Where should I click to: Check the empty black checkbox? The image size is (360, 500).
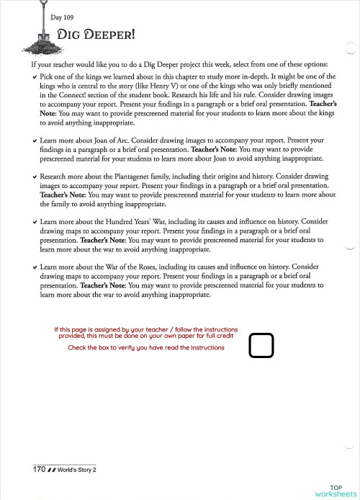(261, 346)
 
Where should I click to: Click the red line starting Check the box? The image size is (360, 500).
(145, 347)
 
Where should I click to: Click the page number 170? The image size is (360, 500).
(40, 470)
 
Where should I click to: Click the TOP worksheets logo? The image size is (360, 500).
(336, 491)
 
